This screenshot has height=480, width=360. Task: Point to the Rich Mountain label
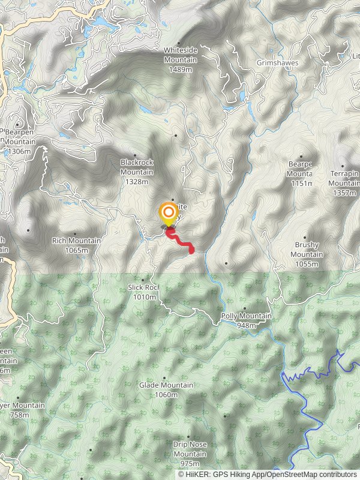(x=76, y=241)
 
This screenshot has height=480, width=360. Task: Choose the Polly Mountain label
(x=246, y=316)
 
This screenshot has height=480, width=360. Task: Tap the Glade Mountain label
(x=166, y=385)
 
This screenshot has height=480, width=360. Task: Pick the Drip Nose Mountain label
(x=190, y=449)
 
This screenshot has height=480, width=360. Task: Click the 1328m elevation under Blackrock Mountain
(x=137, y=181)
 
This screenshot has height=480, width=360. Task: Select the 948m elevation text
(x=246, y=326)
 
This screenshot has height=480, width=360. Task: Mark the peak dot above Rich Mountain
(x=75, y=233)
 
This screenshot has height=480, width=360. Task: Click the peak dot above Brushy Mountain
(x=305, y=238)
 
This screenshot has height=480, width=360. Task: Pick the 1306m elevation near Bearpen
(x=19, y=152)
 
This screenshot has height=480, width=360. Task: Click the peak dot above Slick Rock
(x=143, y=280)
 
